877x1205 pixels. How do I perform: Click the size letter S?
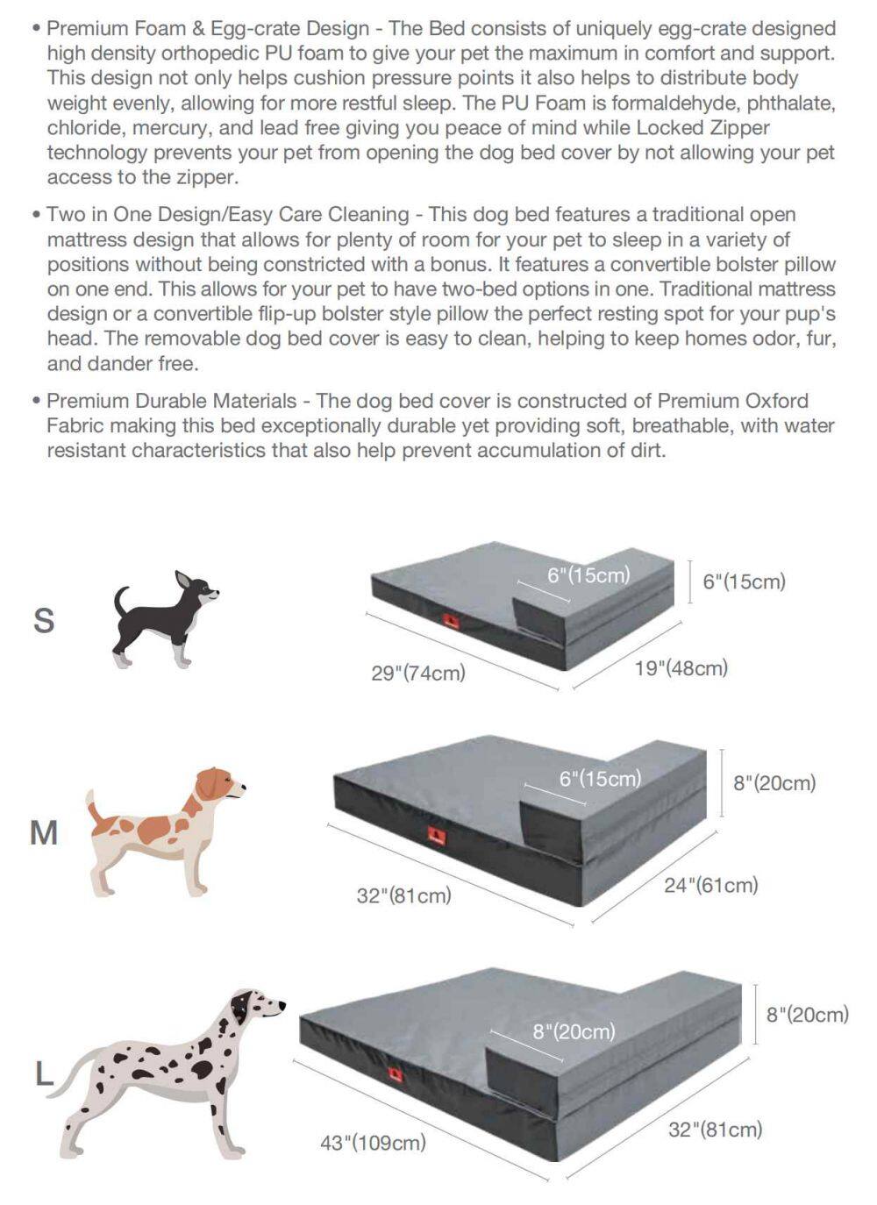(x=44, y=620)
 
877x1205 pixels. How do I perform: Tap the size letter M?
(x=44, y=833)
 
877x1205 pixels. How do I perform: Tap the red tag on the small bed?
(x=451, y=622)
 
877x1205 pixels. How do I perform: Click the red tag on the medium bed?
(x=437, y=835)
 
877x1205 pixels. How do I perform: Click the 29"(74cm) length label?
(x=418, y=673)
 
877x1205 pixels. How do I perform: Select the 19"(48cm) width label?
(x=681, y=668)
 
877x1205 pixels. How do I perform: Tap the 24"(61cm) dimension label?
(x=710, y=885)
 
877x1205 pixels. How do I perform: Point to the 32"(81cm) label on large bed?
(x=716, y=1130)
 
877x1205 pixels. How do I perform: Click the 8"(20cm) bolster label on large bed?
(x=574, y=1031)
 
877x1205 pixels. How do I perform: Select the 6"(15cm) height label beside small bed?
(x=744, y=581)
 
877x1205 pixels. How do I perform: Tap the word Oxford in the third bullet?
(x=776, y=401)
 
